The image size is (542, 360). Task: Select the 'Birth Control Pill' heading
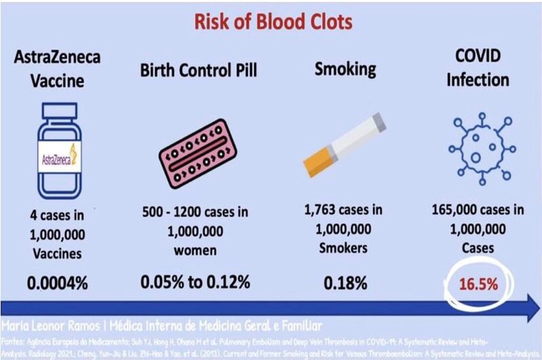tap(199, 70)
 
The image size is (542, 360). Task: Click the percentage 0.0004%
tap(57, 282)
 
